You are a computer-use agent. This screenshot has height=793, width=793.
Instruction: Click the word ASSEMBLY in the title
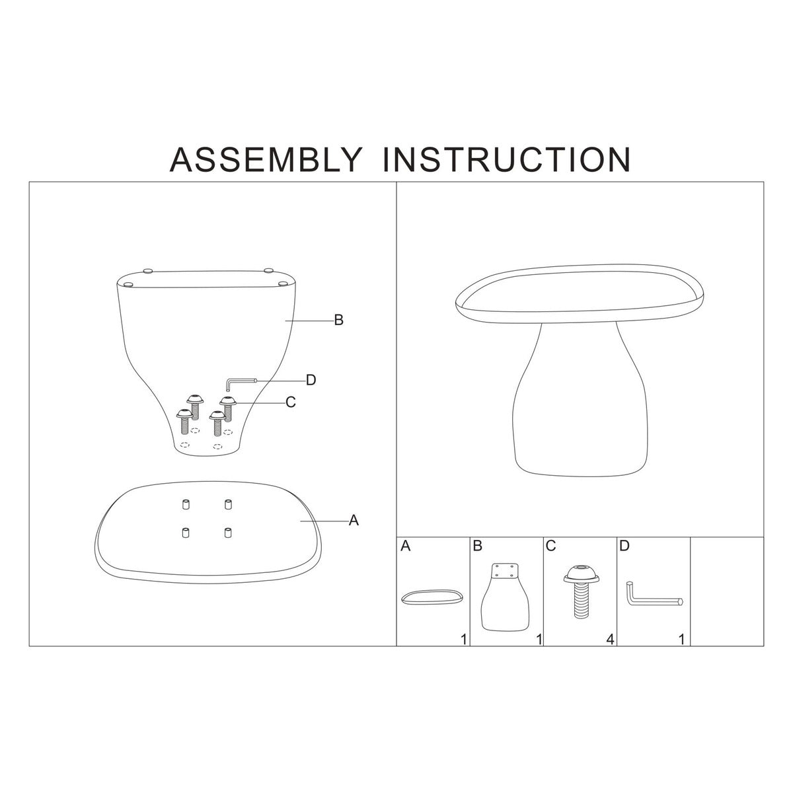click(x=266, y=159)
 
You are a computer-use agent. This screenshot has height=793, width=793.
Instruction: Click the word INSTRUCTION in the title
click(x=507, y=159)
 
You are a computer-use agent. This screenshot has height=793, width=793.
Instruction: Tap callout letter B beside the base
click(x=338, y=321)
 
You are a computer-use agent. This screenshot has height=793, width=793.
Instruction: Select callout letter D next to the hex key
click(x=311, y=380)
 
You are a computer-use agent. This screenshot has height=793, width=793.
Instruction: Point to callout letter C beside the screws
click(x=290, y=402)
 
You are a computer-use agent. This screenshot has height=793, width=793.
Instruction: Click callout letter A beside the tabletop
click(x=354, y=521)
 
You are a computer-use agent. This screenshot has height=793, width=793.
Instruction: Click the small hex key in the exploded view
click(x=239, y=381)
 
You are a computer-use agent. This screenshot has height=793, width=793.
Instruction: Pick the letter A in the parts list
click(x=406, y=547)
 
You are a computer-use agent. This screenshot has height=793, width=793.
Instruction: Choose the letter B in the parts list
click(x=478, y=547)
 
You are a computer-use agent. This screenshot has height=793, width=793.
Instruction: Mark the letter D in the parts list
click(x=624, y=547)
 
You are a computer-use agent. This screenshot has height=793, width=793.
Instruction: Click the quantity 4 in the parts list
click(x=610, y=639)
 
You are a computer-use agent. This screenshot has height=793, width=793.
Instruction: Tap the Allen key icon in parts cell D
click(x=652, y=593)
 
